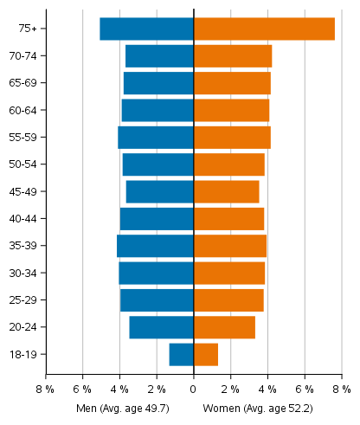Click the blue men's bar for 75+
(146, 29)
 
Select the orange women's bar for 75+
(264, 29)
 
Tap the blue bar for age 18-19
(181, 354)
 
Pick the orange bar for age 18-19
(206, 354)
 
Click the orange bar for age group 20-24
(224, 327)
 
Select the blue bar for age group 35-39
(155, 246)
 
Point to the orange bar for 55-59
(232, 138)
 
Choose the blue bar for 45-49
(159, 191)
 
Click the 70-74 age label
(34, 56)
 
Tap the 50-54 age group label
(34, 164)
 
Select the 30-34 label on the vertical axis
(34, 273)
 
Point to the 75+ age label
(28, 29)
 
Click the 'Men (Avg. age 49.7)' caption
(122, 408)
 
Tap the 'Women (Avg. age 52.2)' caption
(257, 408)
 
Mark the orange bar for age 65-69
(232, 83)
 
